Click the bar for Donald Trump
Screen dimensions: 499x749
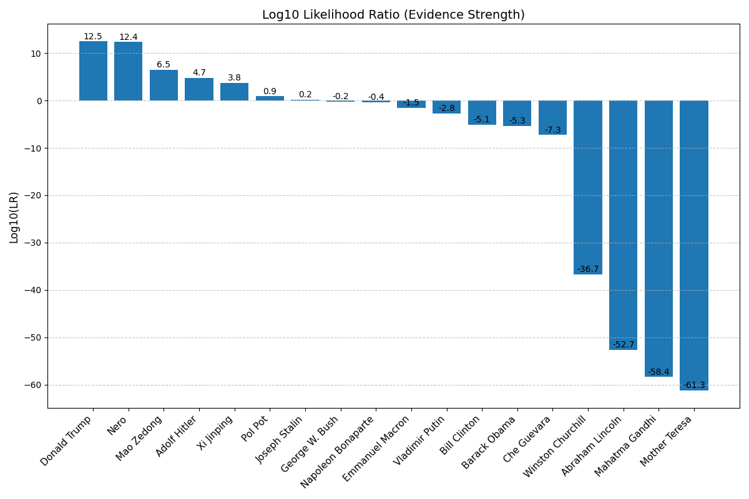(x=93, y=71)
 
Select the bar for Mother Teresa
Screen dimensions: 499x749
(x=693, y=243)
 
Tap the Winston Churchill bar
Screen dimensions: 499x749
(x=587, y=187)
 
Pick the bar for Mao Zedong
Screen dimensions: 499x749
(x=164, y=85)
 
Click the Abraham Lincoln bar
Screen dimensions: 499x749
(x=623, y=225)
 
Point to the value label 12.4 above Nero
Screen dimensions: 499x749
(x=129, y=37)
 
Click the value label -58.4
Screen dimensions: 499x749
(x=658, y=372)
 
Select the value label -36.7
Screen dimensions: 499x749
(x=588, y=269)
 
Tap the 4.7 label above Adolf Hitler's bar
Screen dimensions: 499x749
(x=199, y=73)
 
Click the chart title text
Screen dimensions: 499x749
(x=393, y=15)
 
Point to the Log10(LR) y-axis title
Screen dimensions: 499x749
(x=14, y=216)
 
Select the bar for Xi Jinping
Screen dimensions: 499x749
(x=234, y=92)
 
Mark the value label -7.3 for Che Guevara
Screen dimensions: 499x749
(x=552, y=130)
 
